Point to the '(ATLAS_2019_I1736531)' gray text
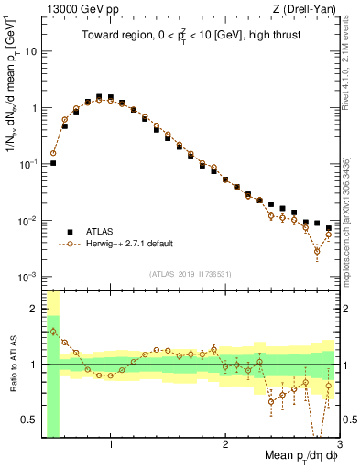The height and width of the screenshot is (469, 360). point(191,274)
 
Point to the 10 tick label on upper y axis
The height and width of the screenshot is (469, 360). point(30,51)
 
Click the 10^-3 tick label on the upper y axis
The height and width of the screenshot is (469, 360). point(28,277)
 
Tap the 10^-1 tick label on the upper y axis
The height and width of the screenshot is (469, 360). point(28,164)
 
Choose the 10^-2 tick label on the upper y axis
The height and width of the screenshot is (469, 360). point(28,221)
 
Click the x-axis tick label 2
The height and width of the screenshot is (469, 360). point(225,443)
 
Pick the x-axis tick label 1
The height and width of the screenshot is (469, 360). point(111,443)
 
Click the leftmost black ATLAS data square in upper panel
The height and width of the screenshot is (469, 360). point(53,163)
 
